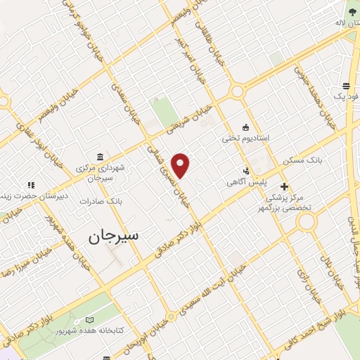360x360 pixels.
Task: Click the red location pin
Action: pyautogui.click(x=181, y=165)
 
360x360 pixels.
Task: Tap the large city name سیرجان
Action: pyautogui.click(x=115, y=237)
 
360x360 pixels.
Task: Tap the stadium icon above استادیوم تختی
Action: pyautogui.click(x=245, y=127)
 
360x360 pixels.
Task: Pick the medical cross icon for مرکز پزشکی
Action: pyautogui.click(x=284, y=186)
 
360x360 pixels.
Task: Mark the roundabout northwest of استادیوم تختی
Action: pyautogui.click(x=237, y=91)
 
